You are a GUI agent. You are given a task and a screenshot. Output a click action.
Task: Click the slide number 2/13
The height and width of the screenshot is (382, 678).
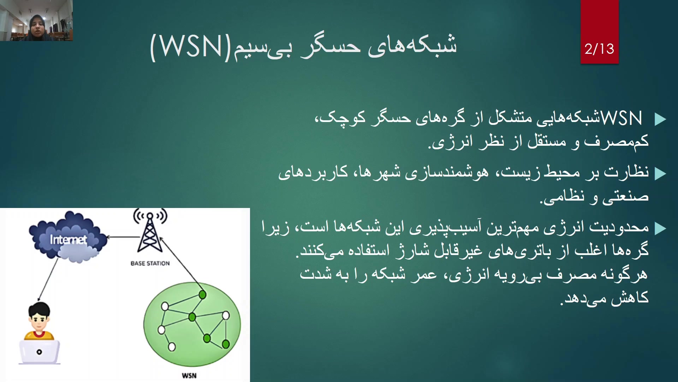(x=599, y=49)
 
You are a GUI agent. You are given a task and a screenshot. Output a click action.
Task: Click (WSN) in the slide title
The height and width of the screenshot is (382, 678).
(x=191, y=47)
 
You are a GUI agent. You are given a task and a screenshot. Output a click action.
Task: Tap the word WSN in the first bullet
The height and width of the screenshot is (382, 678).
(x=621, y=118)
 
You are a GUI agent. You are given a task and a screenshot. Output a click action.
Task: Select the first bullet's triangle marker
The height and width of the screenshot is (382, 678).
(x=660, y=119)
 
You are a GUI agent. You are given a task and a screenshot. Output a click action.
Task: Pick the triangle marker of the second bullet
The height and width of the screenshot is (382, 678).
(x=660, y=174)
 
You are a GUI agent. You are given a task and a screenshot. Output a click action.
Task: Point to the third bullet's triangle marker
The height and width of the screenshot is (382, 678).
(x=660, y=228)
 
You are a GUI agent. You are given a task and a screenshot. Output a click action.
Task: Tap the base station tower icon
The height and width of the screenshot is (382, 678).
(x=150, y=231)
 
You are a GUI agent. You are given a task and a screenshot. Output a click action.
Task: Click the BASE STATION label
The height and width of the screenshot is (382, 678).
(x=150, y=263)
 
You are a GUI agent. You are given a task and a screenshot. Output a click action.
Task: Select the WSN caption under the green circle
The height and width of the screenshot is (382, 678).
(x=189, y=376)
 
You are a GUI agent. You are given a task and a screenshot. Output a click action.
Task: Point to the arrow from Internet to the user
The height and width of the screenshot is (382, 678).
(x=48, y=279)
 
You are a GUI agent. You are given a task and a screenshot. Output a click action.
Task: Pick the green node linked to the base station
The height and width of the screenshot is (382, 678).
(x=202, y=294)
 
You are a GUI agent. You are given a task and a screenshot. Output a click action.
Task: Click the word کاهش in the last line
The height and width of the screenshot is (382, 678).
(x=630, y=298)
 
